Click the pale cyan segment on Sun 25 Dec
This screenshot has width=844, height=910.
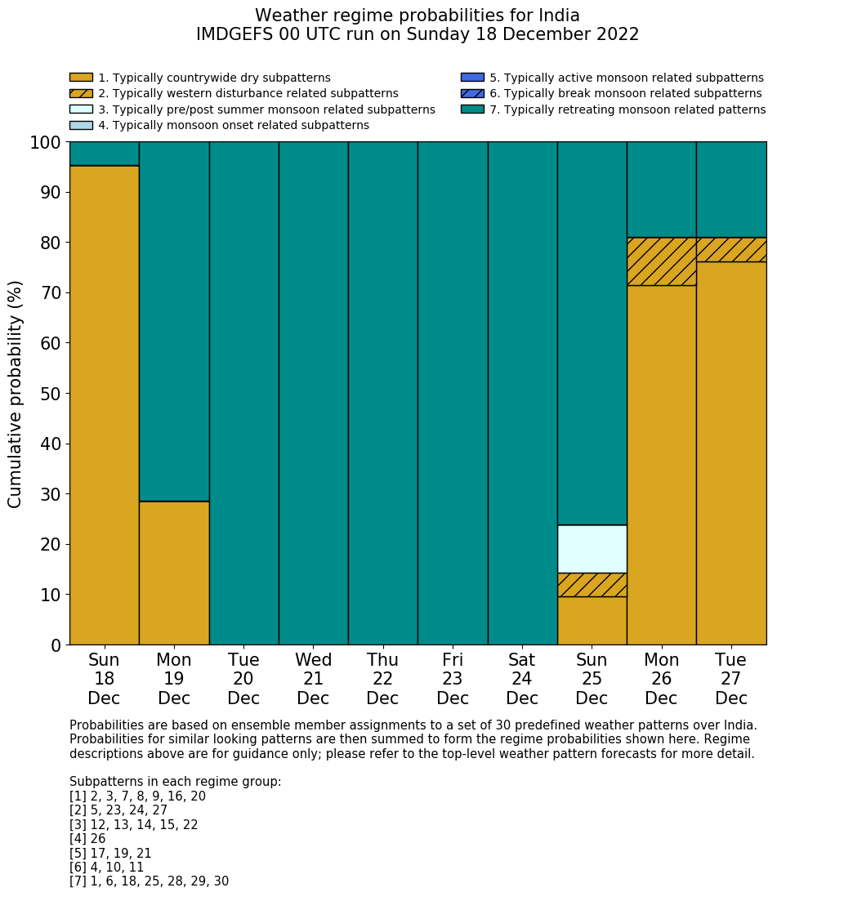[x=592, y=549]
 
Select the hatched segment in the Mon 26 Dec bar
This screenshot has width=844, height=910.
[x=661, y=261]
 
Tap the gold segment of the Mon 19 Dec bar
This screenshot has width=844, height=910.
[x=174, y=573]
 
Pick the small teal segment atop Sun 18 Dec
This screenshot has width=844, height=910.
[x=104, y=154]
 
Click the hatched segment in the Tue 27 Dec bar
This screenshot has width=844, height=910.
[x=731, y=249]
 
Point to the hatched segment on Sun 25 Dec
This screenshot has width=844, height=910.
[x=592, y=585]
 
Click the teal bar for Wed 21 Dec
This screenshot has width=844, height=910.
[x=313, y=393]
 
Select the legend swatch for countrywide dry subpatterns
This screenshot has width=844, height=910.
[x=81, y=78]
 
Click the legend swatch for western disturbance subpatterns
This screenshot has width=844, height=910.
[x=81, y=93]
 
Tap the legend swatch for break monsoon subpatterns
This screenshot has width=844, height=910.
[x=472, y=93]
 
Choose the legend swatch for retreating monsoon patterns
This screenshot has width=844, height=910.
[x=472, y=109]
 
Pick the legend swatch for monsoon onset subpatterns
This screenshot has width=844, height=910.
[x=81, y=125]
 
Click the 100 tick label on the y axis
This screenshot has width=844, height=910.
[x=45, y=143]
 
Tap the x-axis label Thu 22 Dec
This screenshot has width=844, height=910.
[x=382, y=679]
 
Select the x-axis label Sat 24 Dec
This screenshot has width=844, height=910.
[x=522, y=679]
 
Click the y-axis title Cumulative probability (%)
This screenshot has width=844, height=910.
[x=16, y=394]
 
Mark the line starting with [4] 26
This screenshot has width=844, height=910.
[x=87, y=839]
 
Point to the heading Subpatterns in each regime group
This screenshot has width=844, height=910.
[x=175, y=782]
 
